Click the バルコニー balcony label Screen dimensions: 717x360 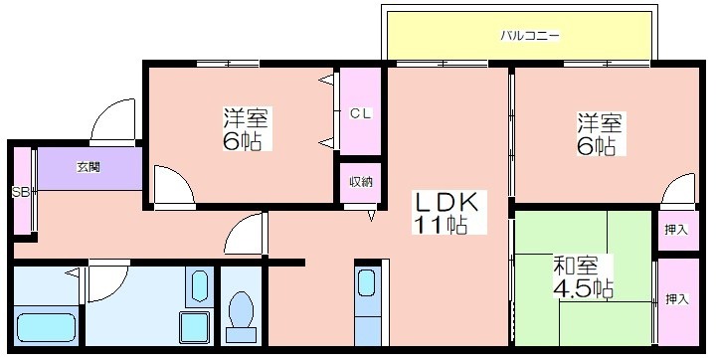530,36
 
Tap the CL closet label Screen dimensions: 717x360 361,114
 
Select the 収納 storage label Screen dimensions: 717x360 361,182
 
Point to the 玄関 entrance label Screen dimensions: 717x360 89,167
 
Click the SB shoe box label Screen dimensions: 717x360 21,193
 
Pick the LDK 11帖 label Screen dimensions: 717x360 447,212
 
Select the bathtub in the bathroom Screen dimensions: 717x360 46,327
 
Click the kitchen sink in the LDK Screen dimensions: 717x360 367,283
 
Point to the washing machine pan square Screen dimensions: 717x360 195,327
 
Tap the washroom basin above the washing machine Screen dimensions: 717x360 199,286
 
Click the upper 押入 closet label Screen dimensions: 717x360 676,230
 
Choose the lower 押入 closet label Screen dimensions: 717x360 677,299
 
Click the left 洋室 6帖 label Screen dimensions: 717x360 245,129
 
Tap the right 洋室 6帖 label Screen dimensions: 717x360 599,133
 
